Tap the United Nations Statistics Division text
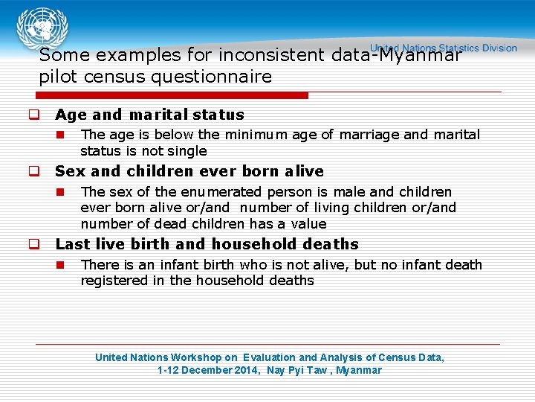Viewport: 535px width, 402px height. coord(444,48)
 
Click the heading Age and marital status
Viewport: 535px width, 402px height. coord(149,115)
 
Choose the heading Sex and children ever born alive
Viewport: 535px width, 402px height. coord(189,171)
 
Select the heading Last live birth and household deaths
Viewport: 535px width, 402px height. coord(207,244)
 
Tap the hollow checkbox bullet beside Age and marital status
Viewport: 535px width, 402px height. coord(34,115)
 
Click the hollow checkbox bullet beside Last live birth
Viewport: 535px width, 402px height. coord(34,245)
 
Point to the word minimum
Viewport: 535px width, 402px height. coord(255,135)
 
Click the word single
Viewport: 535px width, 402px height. coord(187,151)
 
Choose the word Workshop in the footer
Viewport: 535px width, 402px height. coord(193,357)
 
